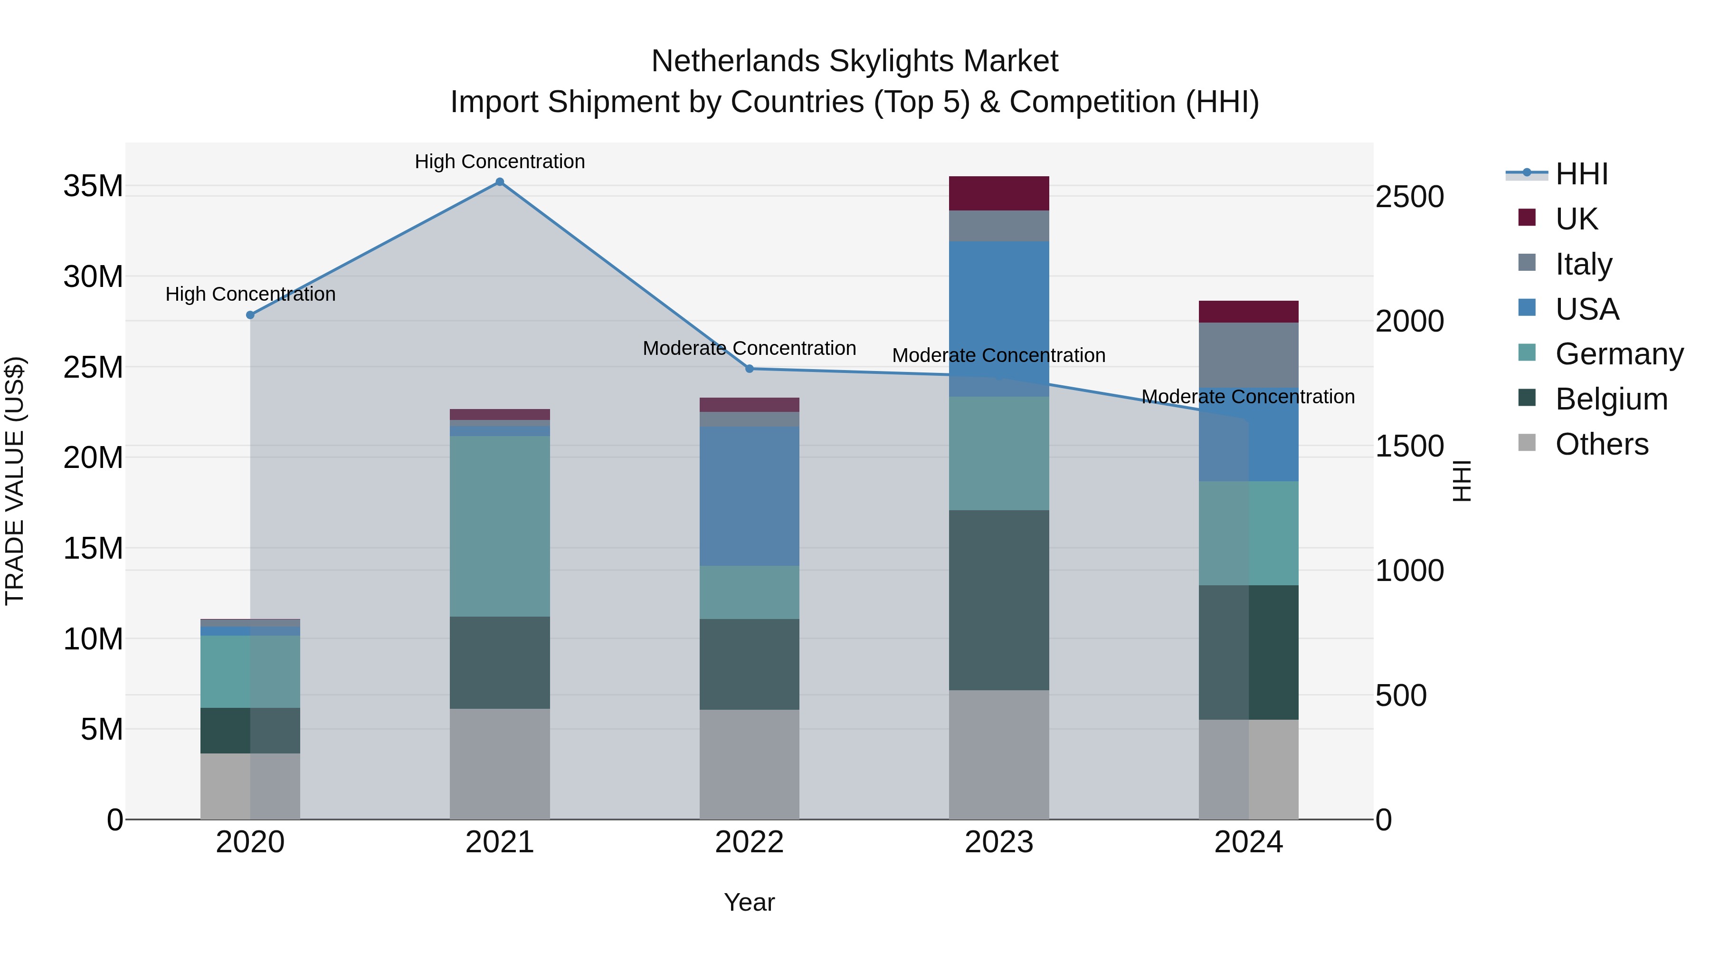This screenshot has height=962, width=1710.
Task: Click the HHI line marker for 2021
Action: [500, 182]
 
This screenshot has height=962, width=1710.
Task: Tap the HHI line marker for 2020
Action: [250, 314]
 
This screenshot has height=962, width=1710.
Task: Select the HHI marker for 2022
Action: [750, 369]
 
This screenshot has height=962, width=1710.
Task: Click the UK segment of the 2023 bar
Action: [998, 193]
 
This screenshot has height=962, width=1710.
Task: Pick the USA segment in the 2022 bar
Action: [750, 496]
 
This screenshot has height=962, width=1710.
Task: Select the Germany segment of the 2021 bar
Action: [500, 526]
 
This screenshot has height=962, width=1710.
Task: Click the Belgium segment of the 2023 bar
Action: [998, 600]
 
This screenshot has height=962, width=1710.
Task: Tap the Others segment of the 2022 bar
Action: [750, 763]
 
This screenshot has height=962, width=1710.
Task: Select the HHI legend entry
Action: [1581, 174]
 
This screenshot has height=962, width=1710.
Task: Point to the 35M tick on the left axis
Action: [93, 186]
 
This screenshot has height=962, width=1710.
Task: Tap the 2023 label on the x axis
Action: [998, 842]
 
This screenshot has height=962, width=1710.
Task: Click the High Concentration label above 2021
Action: [500, 162]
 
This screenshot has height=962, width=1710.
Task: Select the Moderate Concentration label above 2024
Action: [1248, 396]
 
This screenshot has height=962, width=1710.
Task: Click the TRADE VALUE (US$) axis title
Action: [15, 481]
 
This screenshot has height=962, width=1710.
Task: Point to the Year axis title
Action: [750, 902]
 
